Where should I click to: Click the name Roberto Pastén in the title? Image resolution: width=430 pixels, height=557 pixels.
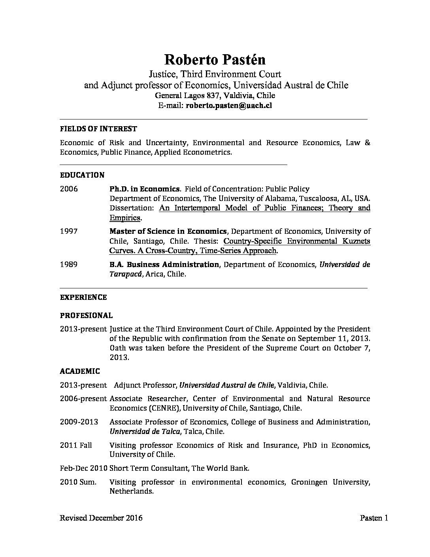[x=215, y=59]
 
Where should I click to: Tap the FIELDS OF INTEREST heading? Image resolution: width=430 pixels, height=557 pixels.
[x=98, y=129]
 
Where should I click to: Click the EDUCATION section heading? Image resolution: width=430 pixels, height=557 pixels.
[x=82, y=175]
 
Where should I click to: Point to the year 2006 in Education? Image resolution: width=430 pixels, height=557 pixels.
[x=69, y=189]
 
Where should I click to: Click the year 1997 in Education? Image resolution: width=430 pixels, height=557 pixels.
[x=69, y=231]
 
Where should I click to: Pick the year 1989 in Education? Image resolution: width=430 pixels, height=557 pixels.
[x=69, y=265]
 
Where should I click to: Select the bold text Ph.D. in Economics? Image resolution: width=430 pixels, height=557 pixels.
[x=145, y=189]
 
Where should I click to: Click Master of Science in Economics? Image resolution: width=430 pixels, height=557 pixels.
[x=168, y=231]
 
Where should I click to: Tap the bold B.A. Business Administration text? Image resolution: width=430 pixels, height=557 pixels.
[x=164, y=265]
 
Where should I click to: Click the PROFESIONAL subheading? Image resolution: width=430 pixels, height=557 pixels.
[x=86, y=316]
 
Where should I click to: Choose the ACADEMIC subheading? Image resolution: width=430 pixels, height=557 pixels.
[x=80, y=371]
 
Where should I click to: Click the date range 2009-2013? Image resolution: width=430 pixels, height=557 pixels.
[x=79, y=422]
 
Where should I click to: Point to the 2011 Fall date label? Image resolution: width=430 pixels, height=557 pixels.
[x=76, y=445]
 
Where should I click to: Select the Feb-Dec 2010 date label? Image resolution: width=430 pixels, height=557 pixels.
[x=83, y=468]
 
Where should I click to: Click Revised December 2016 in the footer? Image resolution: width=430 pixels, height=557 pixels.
[x=101, y=518]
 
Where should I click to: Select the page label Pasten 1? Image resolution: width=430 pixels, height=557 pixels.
[x=374, y=518]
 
